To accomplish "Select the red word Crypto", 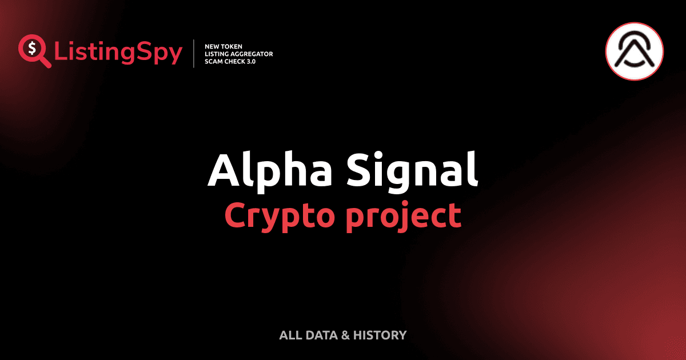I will (x=277, y=215).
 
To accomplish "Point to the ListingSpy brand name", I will (x=118, y=53).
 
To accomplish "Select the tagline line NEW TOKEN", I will (x=224, y=46).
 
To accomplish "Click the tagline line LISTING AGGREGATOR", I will (x=238, y=53).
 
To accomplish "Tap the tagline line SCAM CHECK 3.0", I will (x=230, y=61).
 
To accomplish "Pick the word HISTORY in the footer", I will (x=380, y=335).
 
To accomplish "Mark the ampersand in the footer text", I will (x=345, y=335).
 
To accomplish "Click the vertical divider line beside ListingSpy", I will (x=195, y=53).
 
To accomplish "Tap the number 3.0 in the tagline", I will (x=250, y=61).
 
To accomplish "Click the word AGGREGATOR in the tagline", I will (x=253, y=53).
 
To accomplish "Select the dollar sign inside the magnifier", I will (x=31, y=48).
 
